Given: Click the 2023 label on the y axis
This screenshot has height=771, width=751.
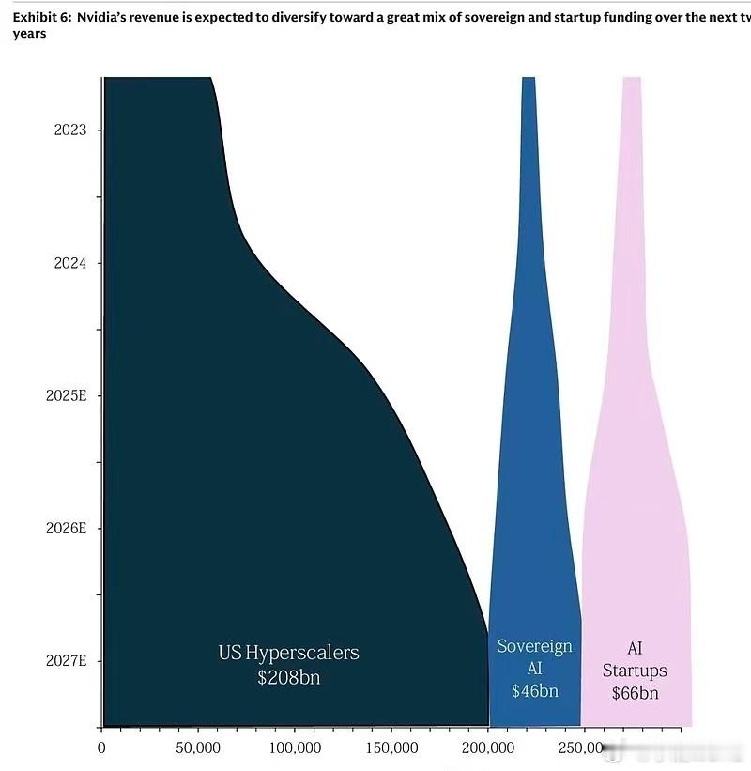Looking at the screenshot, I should click(x=70, y=131).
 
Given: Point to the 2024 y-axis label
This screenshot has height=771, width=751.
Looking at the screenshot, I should click(x=70, y=263).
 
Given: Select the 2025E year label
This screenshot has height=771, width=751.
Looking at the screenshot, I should click(x=67, y=395).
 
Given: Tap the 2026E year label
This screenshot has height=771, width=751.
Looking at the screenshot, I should click(x=67, y=528).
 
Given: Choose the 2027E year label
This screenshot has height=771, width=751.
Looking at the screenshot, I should click(x=67, y=660).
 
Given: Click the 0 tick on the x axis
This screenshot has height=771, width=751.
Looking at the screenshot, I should click(x=102, y=748).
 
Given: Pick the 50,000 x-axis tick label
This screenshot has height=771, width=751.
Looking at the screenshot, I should click(x=198, y=748).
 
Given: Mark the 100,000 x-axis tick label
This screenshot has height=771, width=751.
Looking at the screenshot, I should click(x=295, y=748).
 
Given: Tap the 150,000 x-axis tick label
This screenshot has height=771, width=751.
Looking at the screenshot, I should click(x=391, y=748).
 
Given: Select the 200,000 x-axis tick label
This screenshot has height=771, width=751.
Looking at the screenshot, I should click(x=488, y=748).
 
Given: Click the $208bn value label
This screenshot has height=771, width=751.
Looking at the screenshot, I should click(x=288, y=677).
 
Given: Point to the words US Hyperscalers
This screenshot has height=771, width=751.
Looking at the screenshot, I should click(x=288, y=653).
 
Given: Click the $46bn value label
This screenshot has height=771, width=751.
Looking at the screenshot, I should click(x=535, y=691).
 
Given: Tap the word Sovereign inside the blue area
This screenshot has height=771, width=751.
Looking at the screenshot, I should click(x=535, y=647).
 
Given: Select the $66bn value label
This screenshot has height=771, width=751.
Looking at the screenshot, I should click(x=635, y=694).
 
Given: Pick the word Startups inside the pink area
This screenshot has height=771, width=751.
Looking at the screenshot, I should click(x=635, y=671).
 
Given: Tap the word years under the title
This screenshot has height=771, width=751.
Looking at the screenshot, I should click(x=29, y=34).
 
